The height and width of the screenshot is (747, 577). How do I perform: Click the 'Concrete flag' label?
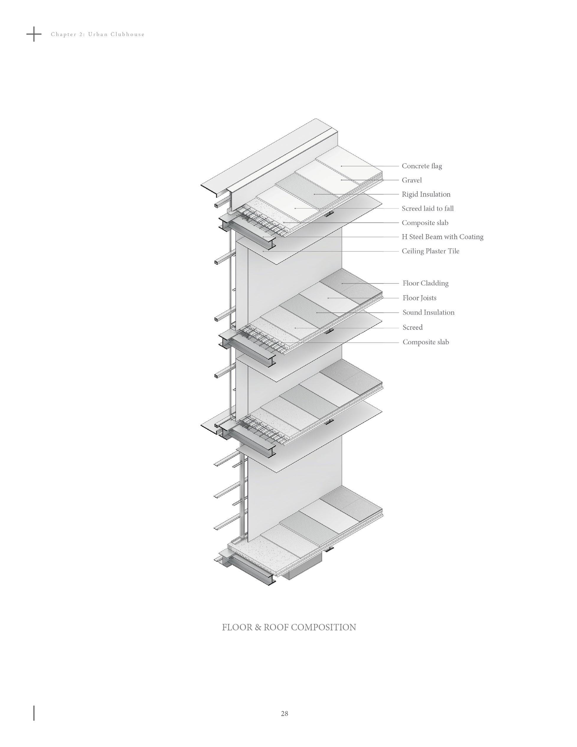[x=421, y=166]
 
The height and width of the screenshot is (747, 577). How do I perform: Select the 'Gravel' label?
[x=411, y=180]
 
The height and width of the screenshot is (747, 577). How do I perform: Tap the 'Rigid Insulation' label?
[x=426, y=194]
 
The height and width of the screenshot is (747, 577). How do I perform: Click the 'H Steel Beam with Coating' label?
[x=442, y=237]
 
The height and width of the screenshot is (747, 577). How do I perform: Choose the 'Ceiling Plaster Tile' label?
[x=430, y=251]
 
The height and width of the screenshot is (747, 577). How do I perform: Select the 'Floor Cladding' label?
[x=425, y=283]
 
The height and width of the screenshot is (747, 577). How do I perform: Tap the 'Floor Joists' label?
[x=419, y=298]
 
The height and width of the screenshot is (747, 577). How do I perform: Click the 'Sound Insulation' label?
[x=428, y=312]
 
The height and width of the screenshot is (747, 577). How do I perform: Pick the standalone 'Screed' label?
[x=412, y=327]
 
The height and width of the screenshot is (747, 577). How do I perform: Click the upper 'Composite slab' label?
[x=425, y=223]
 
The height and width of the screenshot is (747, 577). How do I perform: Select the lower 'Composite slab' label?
[x=426, y=342]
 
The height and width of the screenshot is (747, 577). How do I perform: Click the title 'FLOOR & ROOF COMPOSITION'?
[x=289, y=627]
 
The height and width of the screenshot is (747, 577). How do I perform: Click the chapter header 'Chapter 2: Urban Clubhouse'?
[x=98, y=34]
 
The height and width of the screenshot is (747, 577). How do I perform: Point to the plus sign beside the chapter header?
[x=34, y=34]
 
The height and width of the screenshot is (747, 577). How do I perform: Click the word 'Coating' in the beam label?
[x=471, y=237]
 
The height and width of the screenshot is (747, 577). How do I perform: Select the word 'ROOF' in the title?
[x=276, y=627]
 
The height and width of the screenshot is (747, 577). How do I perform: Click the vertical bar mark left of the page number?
[x=34, y=713]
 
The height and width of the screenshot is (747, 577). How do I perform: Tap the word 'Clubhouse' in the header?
[x=128, y=34]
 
